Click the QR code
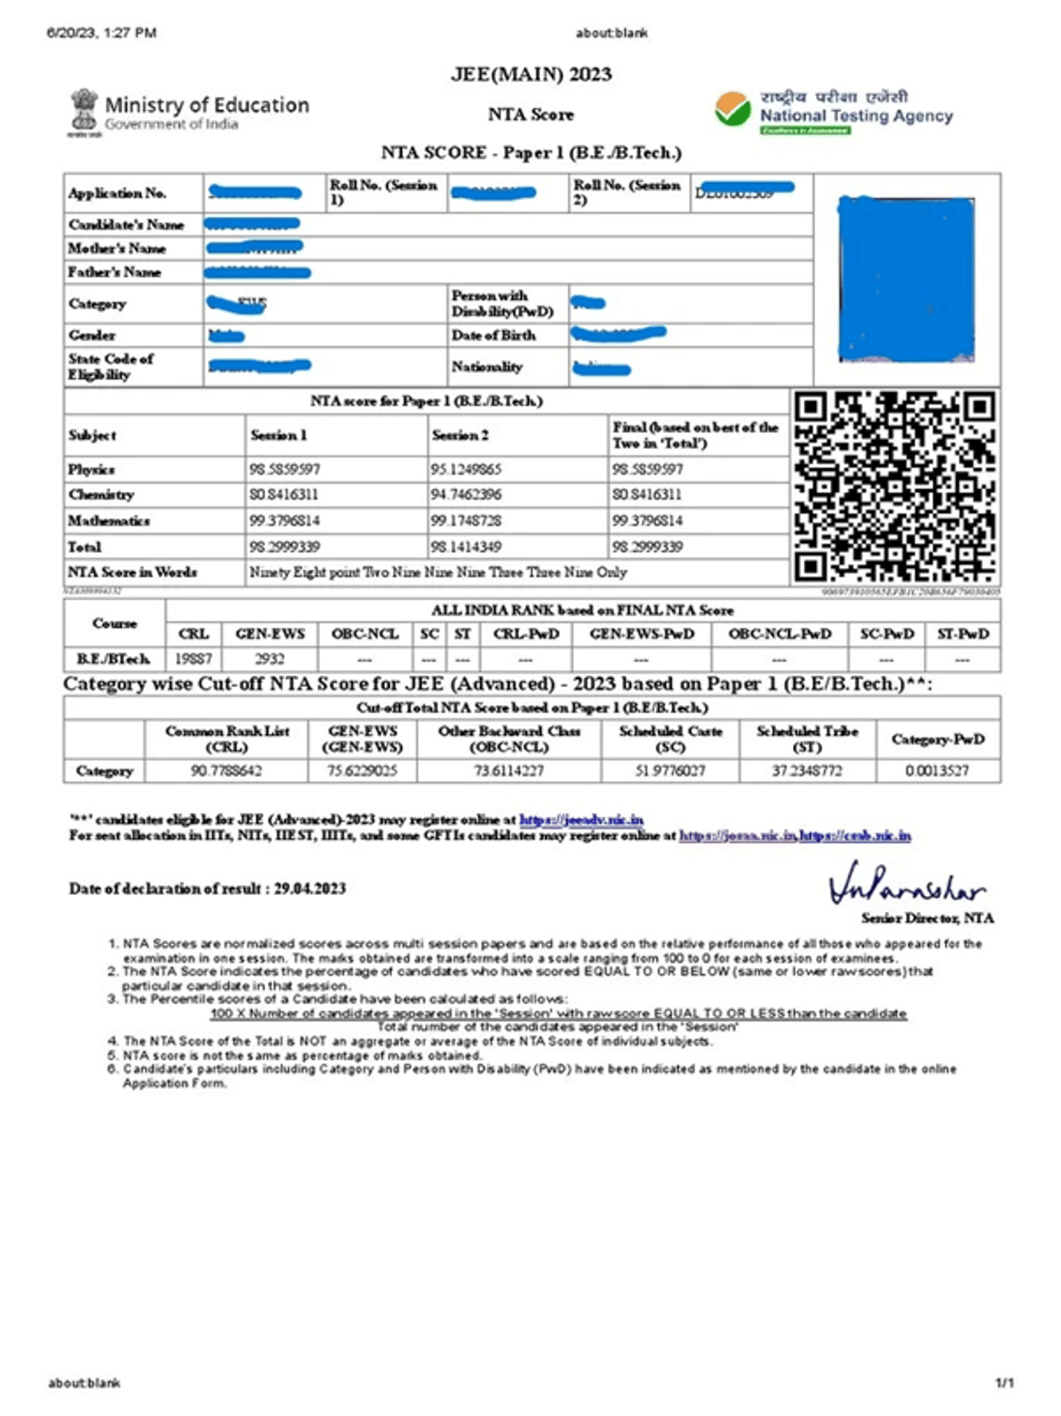coord(895,486)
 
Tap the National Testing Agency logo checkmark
coord(733,110)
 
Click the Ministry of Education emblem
coord(85,111)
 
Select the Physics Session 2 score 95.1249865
coord(466,469)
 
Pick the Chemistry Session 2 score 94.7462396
coord(466,494)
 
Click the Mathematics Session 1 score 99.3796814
coord(285,521)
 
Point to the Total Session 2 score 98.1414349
coord(466,547)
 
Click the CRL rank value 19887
coord(193,659)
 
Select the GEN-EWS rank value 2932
coord(270,659)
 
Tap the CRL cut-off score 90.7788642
coord(226,771)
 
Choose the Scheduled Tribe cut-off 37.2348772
coord(806,771)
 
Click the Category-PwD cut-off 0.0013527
coord(937,771)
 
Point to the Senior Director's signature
coord(906,884)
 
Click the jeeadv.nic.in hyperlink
coord(581,820)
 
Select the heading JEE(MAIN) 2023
coord(530,74)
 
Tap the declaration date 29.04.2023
coord(309,889)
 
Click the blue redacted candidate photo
coord(906,279)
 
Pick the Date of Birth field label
coord(493,335)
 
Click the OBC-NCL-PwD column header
coord(779,634)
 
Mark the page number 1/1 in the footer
coord(1004,1383)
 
